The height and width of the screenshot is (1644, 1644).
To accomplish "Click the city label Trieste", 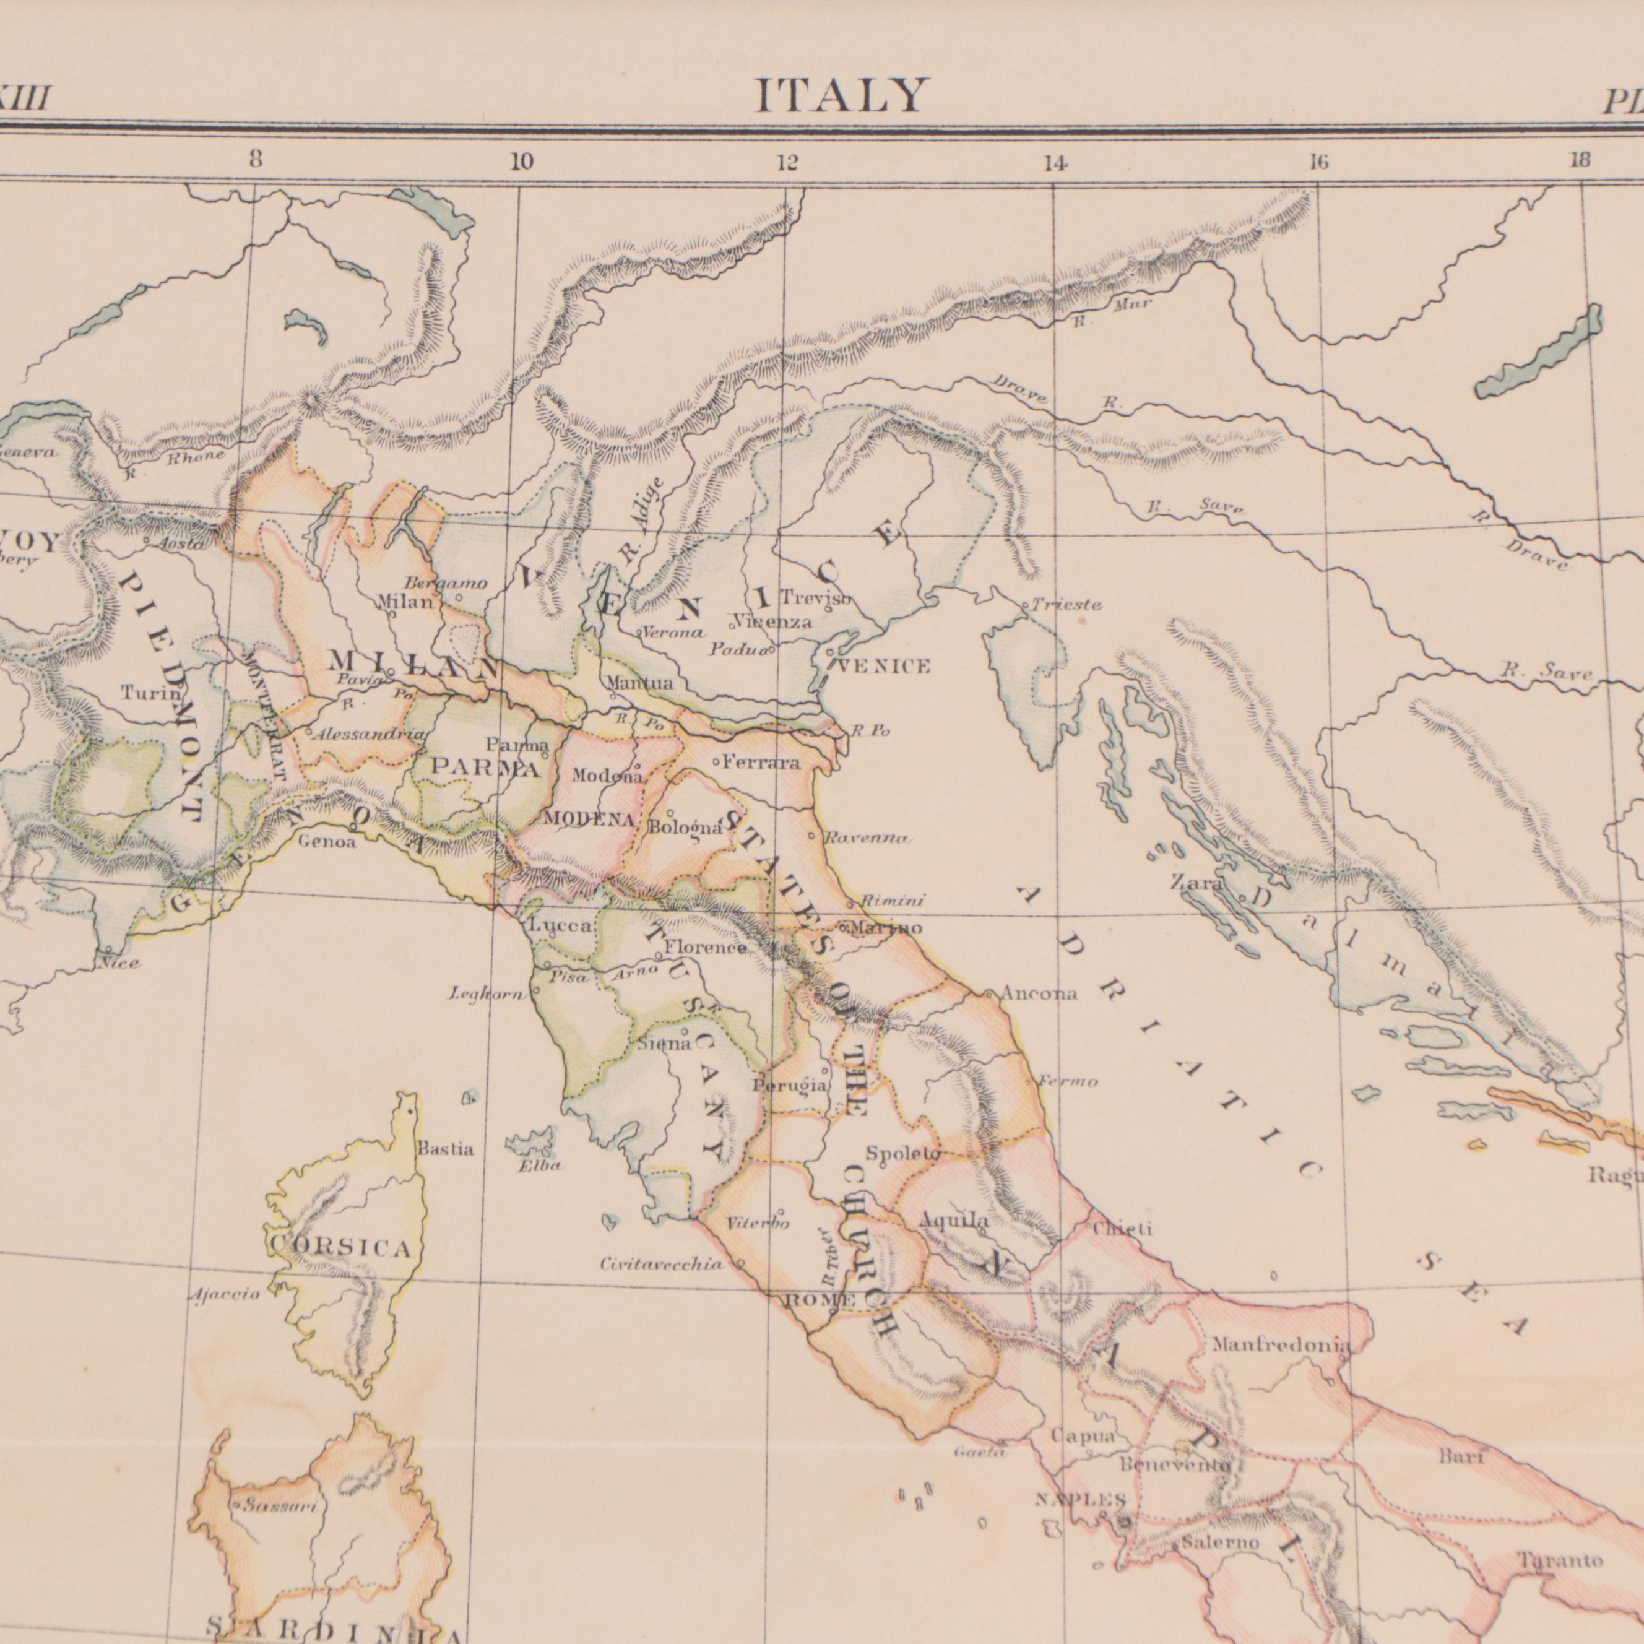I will point(1067,605).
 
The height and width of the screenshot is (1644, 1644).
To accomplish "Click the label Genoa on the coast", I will point(327,842).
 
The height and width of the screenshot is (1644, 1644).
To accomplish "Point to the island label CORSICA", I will point(341,1249).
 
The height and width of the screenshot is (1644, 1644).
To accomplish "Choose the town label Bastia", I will point(445,1149).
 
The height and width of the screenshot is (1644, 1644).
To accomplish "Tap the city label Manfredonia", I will point(1281,1346).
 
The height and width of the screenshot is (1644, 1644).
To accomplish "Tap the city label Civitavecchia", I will point(662,1265).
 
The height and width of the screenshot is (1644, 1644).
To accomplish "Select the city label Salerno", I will point(1220,1519).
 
